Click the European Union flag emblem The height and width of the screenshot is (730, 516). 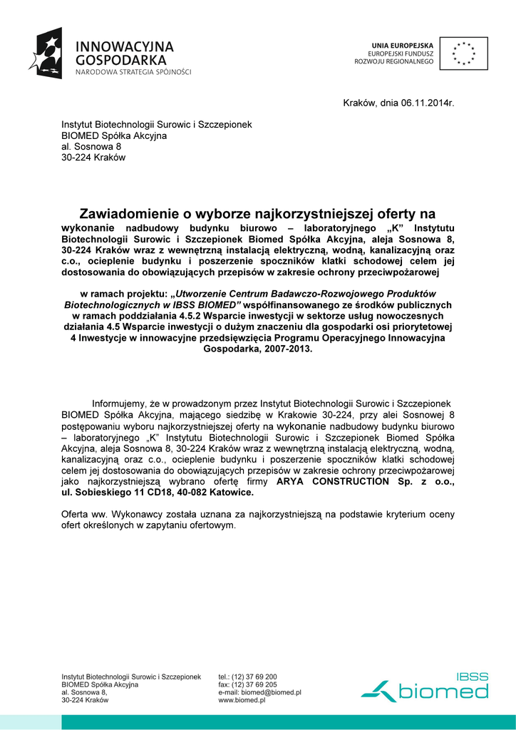[x=463, y=53]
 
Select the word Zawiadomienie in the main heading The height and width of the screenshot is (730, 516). [x=124, y=213]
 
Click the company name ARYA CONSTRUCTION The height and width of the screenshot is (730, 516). [x=333, y=481]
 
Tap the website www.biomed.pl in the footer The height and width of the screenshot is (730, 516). [x=242, y=701]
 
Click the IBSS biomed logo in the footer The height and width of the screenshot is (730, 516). [x=426, y=687]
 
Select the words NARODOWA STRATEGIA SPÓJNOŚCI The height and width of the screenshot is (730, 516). [x=134, y=72]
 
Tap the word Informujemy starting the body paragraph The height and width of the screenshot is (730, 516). [x=119, y=403]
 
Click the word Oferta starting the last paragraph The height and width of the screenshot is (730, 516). [x=74, y=514]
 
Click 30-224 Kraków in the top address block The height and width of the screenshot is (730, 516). [x=93, y=158]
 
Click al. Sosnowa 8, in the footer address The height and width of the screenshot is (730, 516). [x=84, y=692]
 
